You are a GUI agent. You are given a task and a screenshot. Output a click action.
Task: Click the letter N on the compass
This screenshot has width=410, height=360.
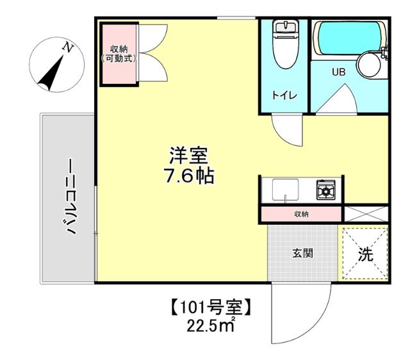tap(67, 47)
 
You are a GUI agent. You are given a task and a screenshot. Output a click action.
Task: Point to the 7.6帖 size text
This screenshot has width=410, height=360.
tap(188, 175)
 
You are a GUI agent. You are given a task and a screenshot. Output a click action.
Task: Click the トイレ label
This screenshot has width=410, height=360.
tap(283, 95)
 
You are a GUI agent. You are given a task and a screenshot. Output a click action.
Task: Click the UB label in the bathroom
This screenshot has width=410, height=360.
tap(338, 72)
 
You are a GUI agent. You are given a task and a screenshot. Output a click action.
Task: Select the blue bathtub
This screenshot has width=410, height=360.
tap(346, 38)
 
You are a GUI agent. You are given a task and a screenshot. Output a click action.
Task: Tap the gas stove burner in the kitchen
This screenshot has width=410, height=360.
tap(325, 190)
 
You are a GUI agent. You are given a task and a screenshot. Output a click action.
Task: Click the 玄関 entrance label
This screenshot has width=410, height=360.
tap(302, 252)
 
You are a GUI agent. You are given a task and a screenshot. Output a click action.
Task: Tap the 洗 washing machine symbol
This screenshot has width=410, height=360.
tap(365, 254)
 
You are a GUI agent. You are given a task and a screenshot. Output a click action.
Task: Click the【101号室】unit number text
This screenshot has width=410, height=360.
tap(211, 308)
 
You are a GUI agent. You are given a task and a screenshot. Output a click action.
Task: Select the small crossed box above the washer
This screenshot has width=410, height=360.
tap(366, 213)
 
